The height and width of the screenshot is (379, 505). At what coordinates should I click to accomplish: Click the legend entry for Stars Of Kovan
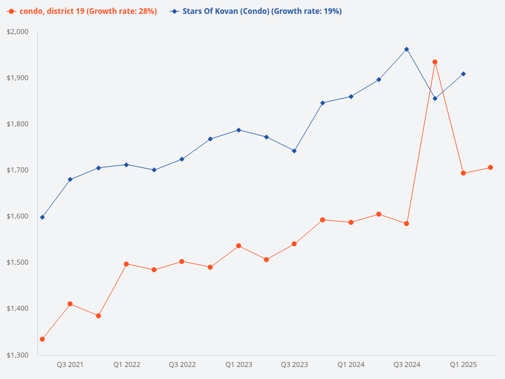256,11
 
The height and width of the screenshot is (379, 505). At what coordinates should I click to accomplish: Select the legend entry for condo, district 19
85,11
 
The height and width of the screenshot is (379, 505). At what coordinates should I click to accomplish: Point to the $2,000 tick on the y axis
18,32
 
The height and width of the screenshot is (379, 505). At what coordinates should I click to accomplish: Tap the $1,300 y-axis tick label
18,355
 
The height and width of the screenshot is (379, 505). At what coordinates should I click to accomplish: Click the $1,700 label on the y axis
18,170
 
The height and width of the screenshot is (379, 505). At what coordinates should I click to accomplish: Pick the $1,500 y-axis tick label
18,262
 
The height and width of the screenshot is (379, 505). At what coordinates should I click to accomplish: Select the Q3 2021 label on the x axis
70,365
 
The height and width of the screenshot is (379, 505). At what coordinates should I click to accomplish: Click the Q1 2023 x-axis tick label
239,365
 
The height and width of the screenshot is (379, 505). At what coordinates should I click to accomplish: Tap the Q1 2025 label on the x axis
463,365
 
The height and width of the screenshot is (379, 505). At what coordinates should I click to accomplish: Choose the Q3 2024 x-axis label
407,365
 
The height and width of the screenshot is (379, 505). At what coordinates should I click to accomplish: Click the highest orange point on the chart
435,62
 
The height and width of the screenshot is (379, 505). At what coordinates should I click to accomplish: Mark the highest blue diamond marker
407,49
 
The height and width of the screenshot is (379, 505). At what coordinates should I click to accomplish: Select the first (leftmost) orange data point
42,339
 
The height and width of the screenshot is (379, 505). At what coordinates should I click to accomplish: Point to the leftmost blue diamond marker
42,217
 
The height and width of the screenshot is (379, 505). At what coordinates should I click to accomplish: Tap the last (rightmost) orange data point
490,167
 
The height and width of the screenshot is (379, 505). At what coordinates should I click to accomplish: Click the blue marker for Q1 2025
463,74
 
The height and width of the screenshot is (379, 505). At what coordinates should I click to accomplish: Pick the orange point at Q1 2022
126,264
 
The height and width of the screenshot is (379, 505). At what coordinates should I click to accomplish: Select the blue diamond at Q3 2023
294,151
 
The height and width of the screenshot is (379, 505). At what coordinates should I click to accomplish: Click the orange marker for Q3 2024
407,224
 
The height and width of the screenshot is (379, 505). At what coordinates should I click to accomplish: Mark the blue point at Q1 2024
351,97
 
